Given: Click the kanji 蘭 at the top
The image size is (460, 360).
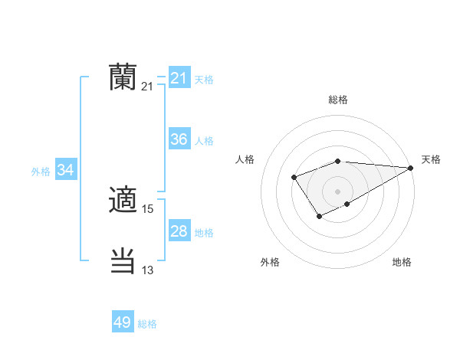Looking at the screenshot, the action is [123, 77].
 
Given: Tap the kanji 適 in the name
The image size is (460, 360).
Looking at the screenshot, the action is [123, 201].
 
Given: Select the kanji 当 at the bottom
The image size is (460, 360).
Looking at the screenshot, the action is [123, 261].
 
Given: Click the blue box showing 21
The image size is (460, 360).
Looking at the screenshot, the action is [179, 78].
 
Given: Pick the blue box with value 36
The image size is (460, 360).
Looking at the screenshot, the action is [179, 139].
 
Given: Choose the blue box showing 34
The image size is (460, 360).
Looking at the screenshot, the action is [66, 170].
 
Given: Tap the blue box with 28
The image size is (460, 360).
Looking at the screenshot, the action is [179, 231].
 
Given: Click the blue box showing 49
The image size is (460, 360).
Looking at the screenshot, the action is [123, 322].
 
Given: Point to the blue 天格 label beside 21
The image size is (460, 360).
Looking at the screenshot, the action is [204, 79].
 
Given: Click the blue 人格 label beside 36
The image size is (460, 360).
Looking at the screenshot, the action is [204, 140].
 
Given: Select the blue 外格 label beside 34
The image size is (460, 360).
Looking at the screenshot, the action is [41, 172].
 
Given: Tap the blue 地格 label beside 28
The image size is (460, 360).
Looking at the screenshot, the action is [204, 232].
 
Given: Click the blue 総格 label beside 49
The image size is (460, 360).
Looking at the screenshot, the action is [147, 324].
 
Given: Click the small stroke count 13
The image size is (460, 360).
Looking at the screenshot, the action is [148, 270].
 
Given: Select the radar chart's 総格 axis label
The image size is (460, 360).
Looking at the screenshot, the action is [338, 100].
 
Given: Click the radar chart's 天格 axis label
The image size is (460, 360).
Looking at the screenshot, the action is [431, 159].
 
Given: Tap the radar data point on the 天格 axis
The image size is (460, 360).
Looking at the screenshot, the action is [411, 168].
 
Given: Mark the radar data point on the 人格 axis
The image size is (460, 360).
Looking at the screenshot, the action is [294, 178].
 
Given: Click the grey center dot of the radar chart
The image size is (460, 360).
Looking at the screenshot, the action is [338, 191].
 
